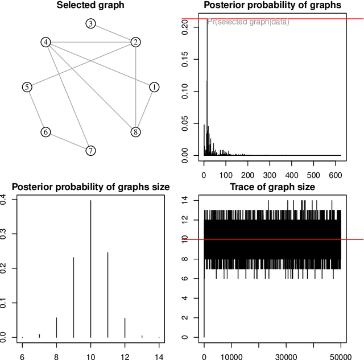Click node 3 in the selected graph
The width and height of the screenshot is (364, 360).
click(90, 24)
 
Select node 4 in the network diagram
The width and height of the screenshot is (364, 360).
click(46, 43)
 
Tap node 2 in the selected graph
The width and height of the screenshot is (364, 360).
click(135, 42)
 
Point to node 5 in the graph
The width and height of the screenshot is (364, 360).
click(27, 87)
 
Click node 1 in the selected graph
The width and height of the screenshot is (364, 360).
click(154, 87)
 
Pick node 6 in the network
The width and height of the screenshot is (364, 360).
click(45, 132)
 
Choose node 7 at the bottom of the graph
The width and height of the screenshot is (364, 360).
click(90, 151)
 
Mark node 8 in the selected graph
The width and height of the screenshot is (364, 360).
click(135, 132)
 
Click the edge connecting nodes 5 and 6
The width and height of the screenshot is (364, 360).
click(36, 110)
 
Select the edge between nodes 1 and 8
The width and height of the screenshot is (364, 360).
click(144, 110)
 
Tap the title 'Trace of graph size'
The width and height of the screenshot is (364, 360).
click(272, 187)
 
